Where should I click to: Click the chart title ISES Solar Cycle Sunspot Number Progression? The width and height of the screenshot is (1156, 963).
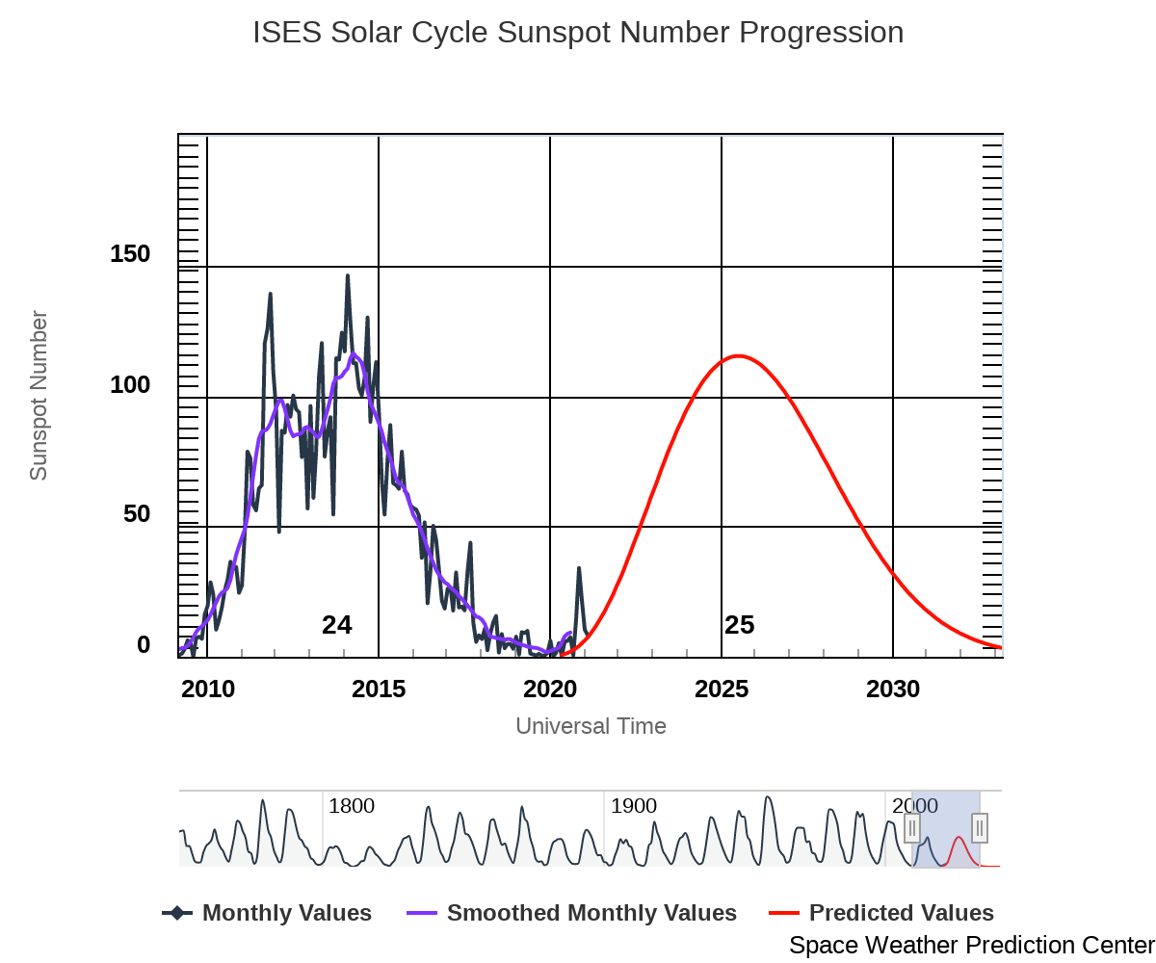[x=578, y=33]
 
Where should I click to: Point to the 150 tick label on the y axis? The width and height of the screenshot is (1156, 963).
[x=130, y=254]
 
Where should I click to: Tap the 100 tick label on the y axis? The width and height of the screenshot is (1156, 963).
[x=130, y=385]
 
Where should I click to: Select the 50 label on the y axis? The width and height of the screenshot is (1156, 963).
[x=137, y=514]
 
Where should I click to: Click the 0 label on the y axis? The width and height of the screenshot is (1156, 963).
[x=144, y=645]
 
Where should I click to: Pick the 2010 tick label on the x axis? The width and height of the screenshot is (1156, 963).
[x=208, y=690]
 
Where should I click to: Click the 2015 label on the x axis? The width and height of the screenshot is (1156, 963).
[x=379, y=690]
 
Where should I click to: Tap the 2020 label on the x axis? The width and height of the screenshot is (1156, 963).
[x=550, y=690]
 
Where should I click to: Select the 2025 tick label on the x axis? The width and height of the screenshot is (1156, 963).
[x=722, y=690]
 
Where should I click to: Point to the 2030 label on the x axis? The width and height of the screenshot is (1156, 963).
[x=893, y=690]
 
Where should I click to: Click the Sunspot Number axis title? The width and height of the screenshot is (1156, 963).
[x=39, y=395]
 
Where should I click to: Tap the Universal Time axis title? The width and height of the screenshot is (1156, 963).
[x=591, y=726]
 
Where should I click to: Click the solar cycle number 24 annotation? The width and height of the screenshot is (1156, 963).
[x=336, y=625]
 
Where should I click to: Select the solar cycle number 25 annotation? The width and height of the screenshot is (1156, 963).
[x=739, y=625]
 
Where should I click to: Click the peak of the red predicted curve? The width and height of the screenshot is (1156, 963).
[x=738, y=355]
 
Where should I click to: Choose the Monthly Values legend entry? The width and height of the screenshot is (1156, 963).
[x=286, y=913]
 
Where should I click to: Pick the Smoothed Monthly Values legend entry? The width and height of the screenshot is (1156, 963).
[x=591, y=913]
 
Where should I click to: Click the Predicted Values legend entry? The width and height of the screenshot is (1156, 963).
[x=901, y=913]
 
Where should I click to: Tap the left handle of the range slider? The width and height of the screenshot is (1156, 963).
[x=911, y=828]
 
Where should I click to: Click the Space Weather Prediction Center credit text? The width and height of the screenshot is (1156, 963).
[x=971, y=946]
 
